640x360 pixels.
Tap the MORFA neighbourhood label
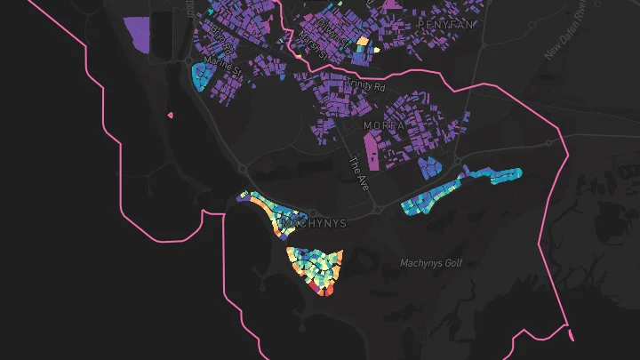tap(384, 126)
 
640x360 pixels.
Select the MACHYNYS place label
tap(312, 223)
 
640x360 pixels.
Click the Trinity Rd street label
tap(367, 87)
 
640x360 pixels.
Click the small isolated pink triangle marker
tap(170, 115)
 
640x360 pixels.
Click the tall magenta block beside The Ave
tap(372, 151)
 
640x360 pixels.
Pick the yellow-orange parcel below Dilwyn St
tap(362, 41)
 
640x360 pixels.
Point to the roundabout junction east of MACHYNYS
tap(378, 211)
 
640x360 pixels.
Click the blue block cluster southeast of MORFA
tap(429, 165)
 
